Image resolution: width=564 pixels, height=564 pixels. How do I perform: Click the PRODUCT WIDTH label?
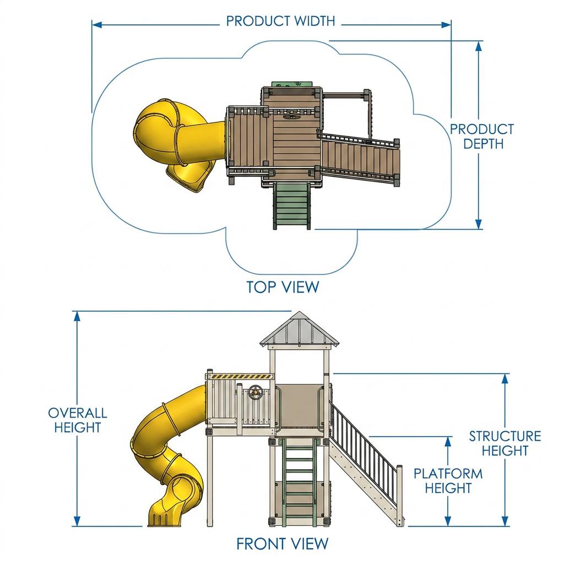tap(280, 21)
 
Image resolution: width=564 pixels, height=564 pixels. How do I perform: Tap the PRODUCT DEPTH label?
tap(482, 137)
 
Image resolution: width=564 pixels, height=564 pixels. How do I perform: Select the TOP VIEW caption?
tap(283, 287)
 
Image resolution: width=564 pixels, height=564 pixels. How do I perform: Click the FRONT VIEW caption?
tap(283, 544)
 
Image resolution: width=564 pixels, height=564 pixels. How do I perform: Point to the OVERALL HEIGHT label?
tap(78, 420)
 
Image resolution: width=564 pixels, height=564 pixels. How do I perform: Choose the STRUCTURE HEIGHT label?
tap(505, 443)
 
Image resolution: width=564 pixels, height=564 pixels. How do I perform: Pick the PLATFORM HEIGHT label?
tap(448, 480)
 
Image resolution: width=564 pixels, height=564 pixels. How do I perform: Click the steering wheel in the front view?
tap(256, 391)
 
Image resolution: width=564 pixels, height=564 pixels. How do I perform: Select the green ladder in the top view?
tap(292, 205)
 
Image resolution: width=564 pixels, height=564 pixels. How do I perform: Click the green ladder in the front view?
tap(299, 482)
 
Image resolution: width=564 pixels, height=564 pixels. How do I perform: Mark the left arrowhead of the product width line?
tap(97, 25)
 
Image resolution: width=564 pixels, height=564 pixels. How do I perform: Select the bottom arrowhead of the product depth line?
tap(479, 225)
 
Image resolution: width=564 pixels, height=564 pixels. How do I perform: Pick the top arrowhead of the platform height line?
tap(448, 441)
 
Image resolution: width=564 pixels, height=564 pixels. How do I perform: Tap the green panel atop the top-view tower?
tap(292, 84)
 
